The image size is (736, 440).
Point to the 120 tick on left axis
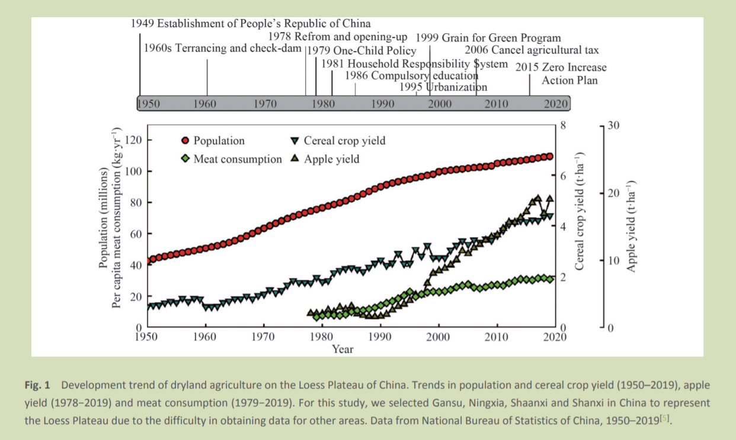coord(137,141)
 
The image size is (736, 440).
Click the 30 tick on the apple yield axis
coord(613,126)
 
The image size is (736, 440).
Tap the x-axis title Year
coord(343,349)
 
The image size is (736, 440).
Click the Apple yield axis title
coord(631,225)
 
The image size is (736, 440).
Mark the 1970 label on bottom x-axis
coord(263,337)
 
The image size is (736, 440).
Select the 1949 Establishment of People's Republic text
coord(250,24)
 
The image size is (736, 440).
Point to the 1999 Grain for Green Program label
coord(488,39)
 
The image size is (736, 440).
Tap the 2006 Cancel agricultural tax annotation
coord(532,50)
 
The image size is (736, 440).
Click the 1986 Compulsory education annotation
coord(411,76)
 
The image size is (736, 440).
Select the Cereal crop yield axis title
coord(580,225)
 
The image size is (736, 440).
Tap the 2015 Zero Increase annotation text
coord(561,68)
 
